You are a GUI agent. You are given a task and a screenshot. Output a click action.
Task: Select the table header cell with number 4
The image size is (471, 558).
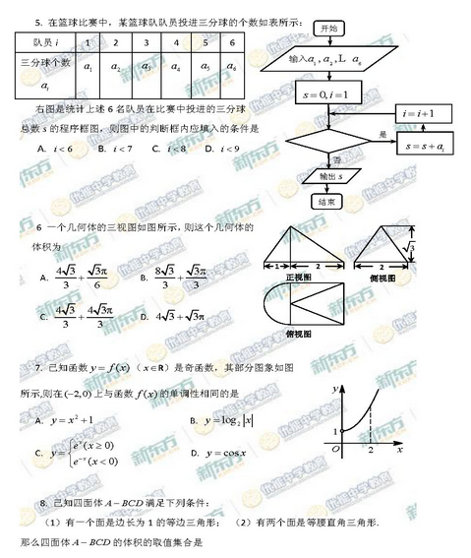pyautogui.click(x=173, y=43)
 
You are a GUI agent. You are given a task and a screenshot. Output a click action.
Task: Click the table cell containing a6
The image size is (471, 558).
pyautogui.click(x=231, y=67)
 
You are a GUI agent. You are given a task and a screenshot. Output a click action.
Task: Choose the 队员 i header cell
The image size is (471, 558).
pyautogui.click(x=44, y=43)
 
